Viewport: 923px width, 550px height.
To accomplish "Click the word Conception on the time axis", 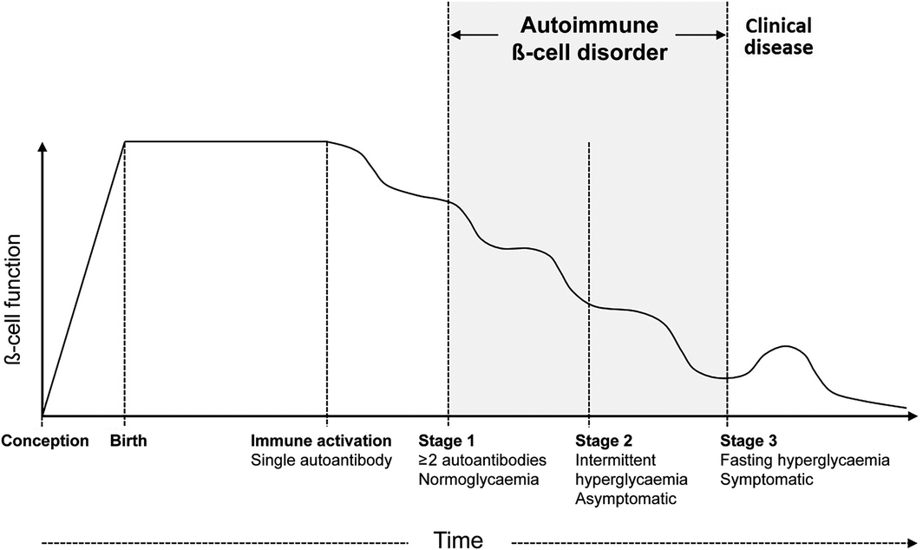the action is pyautogui.click(x=45, y=441).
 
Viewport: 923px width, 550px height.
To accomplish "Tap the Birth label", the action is pyautogui.click(x=128, y=441).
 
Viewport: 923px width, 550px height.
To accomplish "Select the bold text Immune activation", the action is pyautogui.click(x=321, y=441).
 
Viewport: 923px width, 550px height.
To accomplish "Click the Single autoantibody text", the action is pyautogui.click(x=321, y=460).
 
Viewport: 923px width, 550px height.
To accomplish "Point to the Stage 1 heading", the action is pyautogui.click(x=446, y=441).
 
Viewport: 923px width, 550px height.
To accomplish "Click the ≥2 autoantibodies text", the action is pyautogui.click(x=482, y=460).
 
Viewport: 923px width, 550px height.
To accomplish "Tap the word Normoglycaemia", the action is pyautogui.click(x=479, y=480).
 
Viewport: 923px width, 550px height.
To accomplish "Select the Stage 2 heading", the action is pyautogui.click(x=604, y=441).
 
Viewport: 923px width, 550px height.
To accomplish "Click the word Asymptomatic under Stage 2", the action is pyautogui.click(x=625, y=499).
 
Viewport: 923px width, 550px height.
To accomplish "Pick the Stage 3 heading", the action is pyautogui.click(x=748, y=441).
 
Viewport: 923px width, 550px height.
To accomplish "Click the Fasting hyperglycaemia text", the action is pyautogui.click(x=805, y=460).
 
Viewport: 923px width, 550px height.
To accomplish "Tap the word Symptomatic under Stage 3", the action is pyautogui.click(x=767, y=480).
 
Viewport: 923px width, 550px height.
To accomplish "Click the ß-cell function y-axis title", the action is pyautogui.click(x=13, y=300).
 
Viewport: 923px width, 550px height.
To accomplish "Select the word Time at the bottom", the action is pyautogui.click(x=458, y=540).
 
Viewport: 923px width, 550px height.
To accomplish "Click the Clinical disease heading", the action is pyautogui.click(x=778, y=36).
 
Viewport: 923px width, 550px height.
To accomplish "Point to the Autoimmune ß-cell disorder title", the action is pyautogui.click(x=589, y=39).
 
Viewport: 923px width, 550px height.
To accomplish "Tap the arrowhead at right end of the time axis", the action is pyautogui.click(x=913, y=416).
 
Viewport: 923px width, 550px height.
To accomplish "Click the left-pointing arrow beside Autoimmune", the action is pyautogui.click(x=475, y=35).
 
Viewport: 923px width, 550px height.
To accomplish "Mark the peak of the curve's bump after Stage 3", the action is pyautogui.click(x=785, y=346).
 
